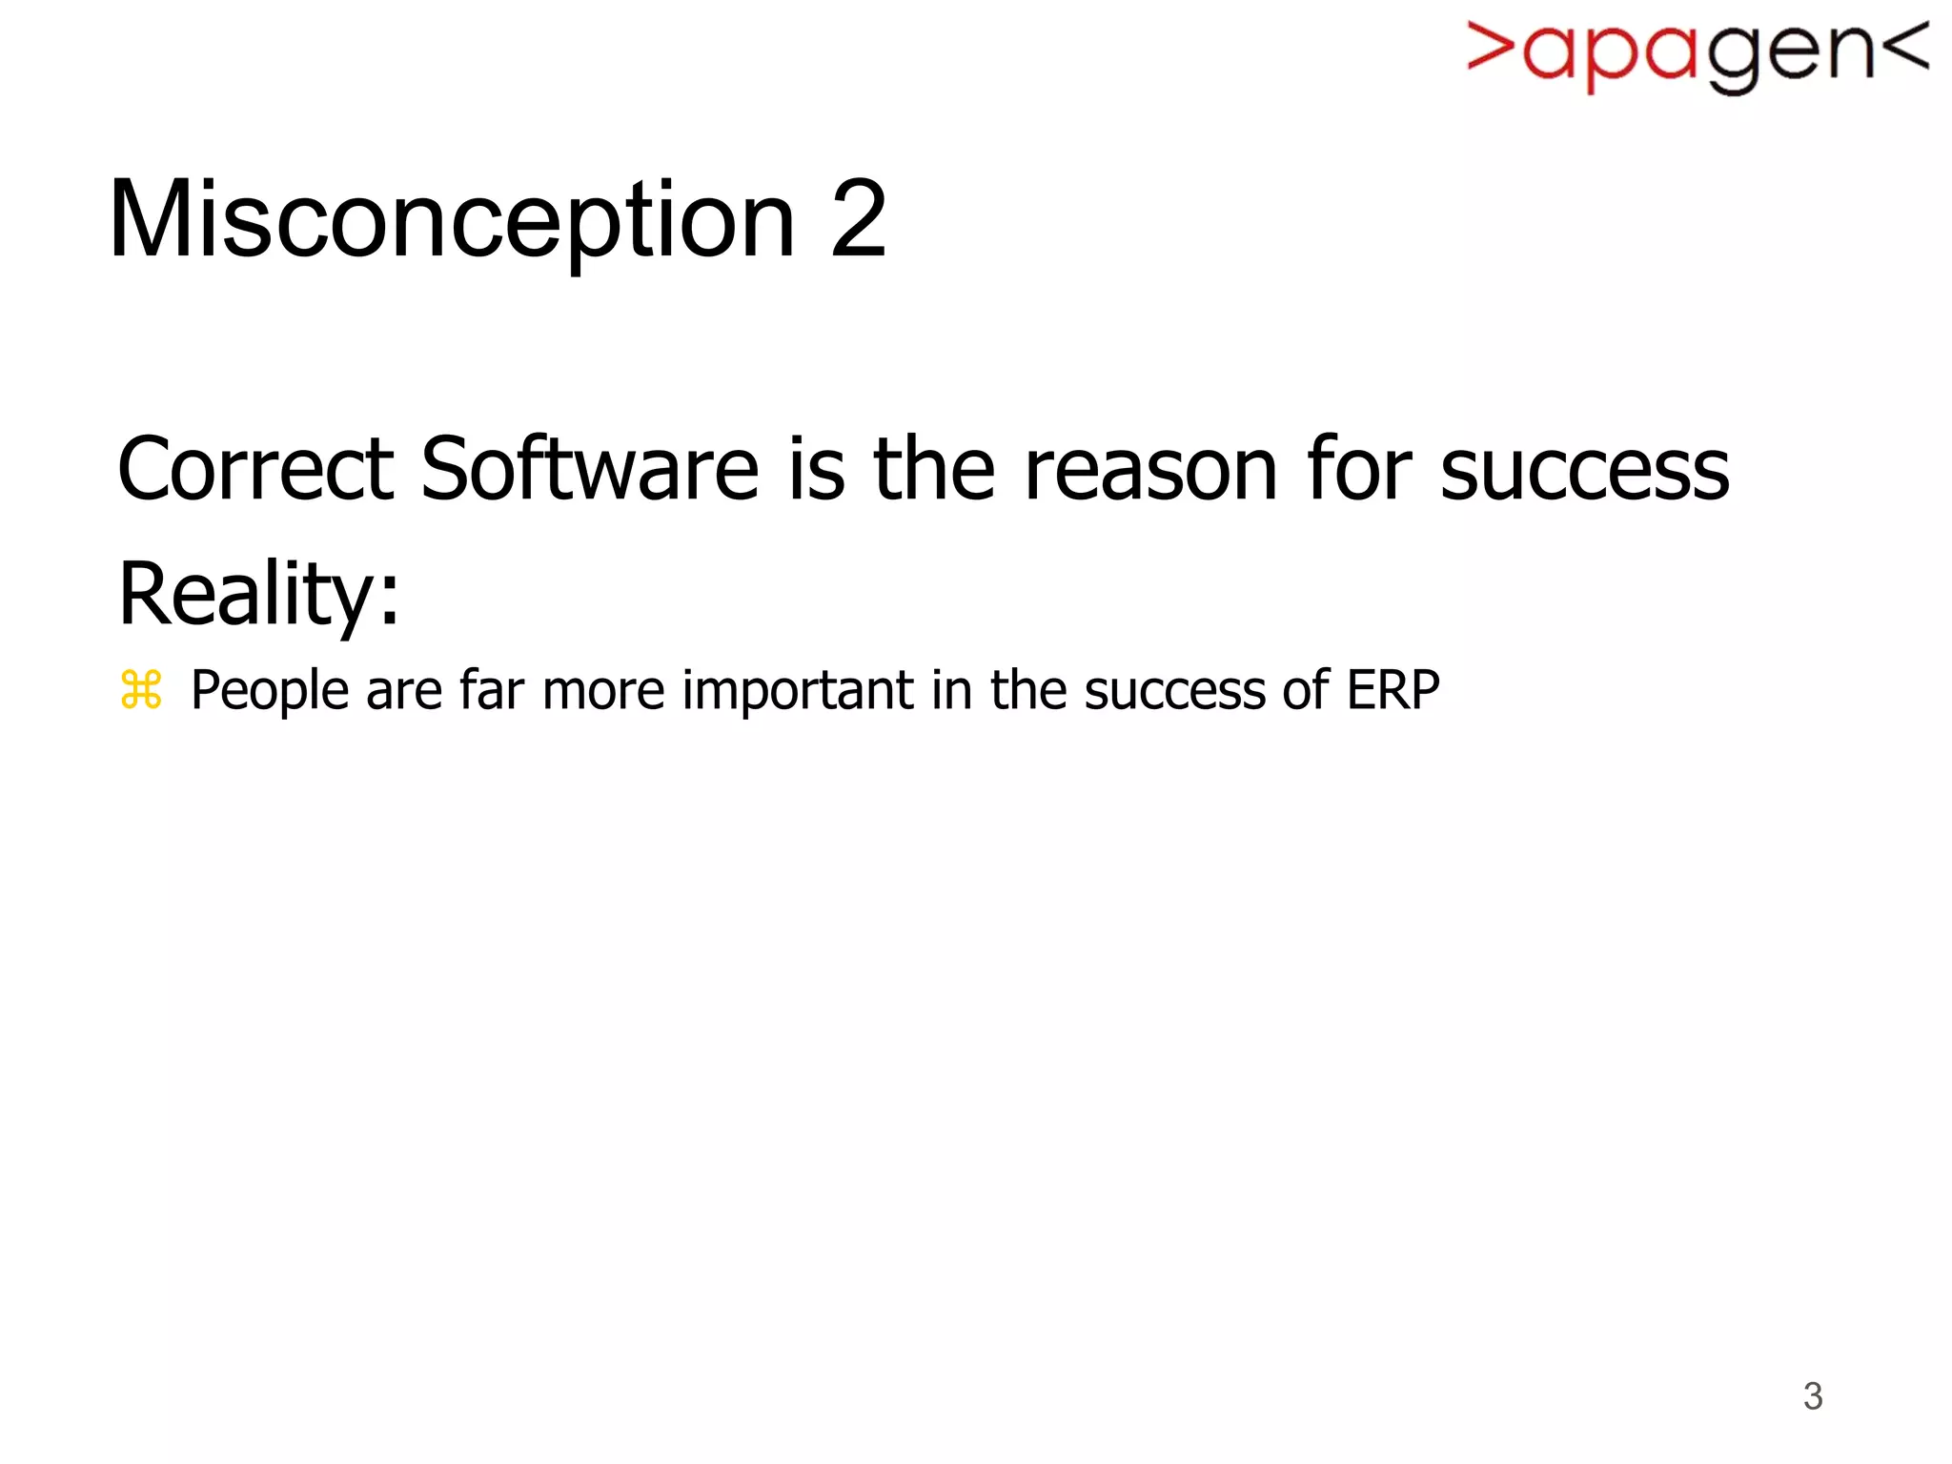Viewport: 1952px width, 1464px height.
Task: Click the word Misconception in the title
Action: [452, 221]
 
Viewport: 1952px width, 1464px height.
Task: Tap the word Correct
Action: [255, 469]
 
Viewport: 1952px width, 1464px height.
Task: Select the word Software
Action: [589, 469]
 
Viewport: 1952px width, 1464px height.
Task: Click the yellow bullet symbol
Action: [141, 690]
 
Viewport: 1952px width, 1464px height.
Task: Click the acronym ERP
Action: [1393, 690]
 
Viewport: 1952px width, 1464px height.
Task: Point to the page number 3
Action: [1813, 1396]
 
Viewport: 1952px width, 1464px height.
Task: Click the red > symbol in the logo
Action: [1490, 48]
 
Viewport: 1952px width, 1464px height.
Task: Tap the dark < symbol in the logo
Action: [1905, 48]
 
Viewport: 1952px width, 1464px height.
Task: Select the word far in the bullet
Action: [491, 690]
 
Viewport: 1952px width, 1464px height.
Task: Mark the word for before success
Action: [1359, 469]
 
